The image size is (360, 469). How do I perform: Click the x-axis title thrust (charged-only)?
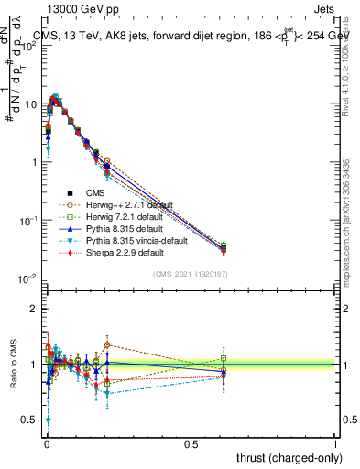pos(286,456)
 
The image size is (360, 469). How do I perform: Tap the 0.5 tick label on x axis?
pos(191,443)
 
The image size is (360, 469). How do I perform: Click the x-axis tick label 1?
pos(335,443)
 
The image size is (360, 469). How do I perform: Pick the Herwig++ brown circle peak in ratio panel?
pos(107,345)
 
